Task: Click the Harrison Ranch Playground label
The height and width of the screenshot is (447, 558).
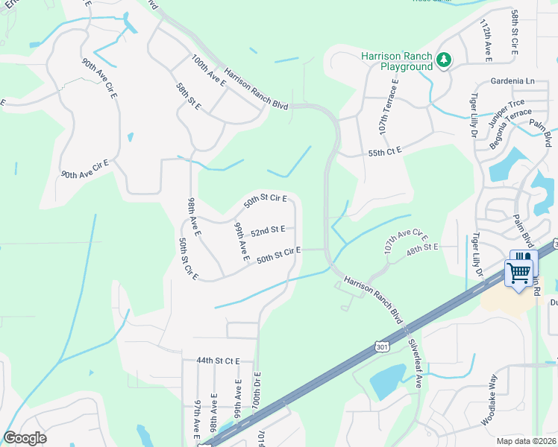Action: pyautogui.click(x=396, y=61)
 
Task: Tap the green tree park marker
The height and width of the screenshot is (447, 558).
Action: pyautogui.click(x=444, y=58)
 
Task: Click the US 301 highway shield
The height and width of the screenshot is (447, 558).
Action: pyautogui.click(x=383, y=346)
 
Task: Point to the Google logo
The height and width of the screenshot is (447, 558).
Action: pyautogui.click(x=25, y=438)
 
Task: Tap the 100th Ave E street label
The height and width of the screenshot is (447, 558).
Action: pyautogui.click(x=208, y=72)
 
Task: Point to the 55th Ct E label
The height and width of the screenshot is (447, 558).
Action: pyautogui.click(x=385, y=151)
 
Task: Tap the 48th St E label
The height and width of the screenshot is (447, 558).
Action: pyautogui.click(x=421, y=245)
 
